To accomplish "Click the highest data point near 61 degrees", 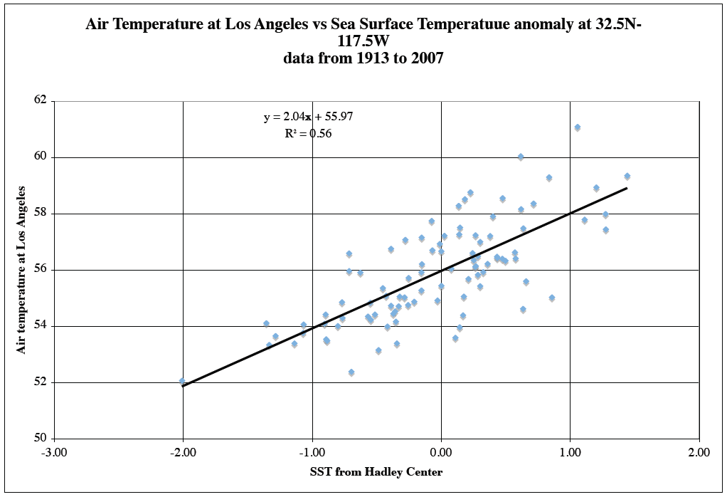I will click(x=578, y=127).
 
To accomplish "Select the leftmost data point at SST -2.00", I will click(x=182, y=382).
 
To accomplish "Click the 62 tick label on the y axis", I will click(x=40, y=100).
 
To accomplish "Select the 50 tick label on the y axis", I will click(x=40, y=439).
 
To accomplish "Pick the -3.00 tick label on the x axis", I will click(x=54, y=452).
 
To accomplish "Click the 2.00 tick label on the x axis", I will click(x=699, y=452).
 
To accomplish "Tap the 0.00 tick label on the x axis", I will click(x=441, y=452).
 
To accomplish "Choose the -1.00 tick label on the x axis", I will click(x=312, y=452).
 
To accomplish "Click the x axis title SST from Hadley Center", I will click(x=376, y=472).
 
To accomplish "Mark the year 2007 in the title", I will click(x=427, y=58).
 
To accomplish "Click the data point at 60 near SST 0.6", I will click(x=521, y=157).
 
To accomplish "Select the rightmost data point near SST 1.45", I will click(x=627, y=177).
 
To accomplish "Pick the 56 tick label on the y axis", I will click(x=40, y=270).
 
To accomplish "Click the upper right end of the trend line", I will click(x=626, y=189).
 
